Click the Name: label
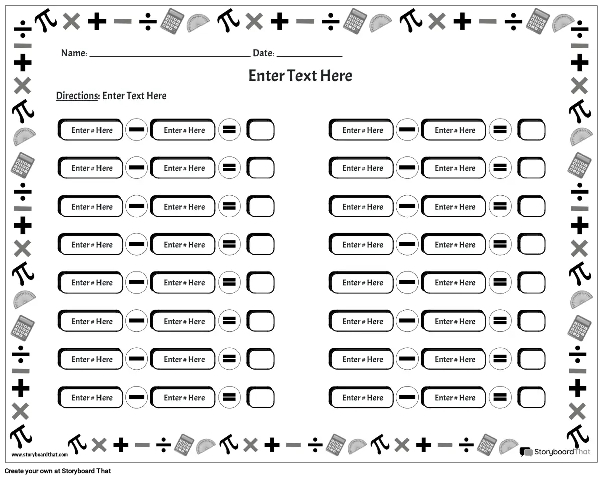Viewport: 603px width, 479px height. tap(74, 53)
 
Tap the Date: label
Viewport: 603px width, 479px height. tap(263, 53)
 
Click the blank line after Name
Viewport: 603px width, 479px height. tap(170, 57)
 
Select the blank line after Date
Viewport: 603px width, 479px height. tap(310, 57)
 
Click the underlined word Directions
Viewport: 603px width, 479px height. tap(77, 96)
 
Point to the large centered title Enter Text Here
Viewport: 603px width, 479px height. tap(300, 76)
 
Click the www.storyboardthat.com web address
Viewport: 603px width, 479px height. tap(40, 454)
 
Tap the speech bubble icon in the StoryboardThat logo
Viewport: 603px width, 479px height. tap(526, 452)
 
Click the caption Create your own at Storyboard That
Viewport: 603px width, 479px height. tap(57, 471)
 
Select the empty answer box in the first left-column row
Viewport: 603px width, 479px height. tap(261, 130)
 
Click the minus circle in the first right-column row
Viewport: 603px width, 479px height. tap(407, 130)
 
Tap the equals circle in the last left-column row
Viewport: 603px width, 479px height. tap(229, 397)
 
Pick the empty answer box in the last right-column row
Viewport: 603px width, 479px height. tap(531, 397)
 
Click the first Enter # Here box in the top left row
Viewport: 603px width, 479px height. tap(90, 130)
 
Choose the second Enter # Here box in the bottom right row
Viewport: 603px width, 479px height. tap(453, 397)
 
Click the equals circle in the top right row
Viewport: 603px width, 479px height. tap(500, 130)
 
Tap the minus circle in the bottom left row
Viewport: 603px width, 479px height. tap(136, 397)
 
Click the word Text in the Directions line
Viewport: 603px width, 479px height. tap(135, 96)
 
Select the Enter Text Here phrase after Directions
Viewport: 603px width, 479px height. tap(134, 96)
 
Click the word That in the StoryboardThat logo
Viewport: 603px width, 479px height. tap(582, 452)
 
